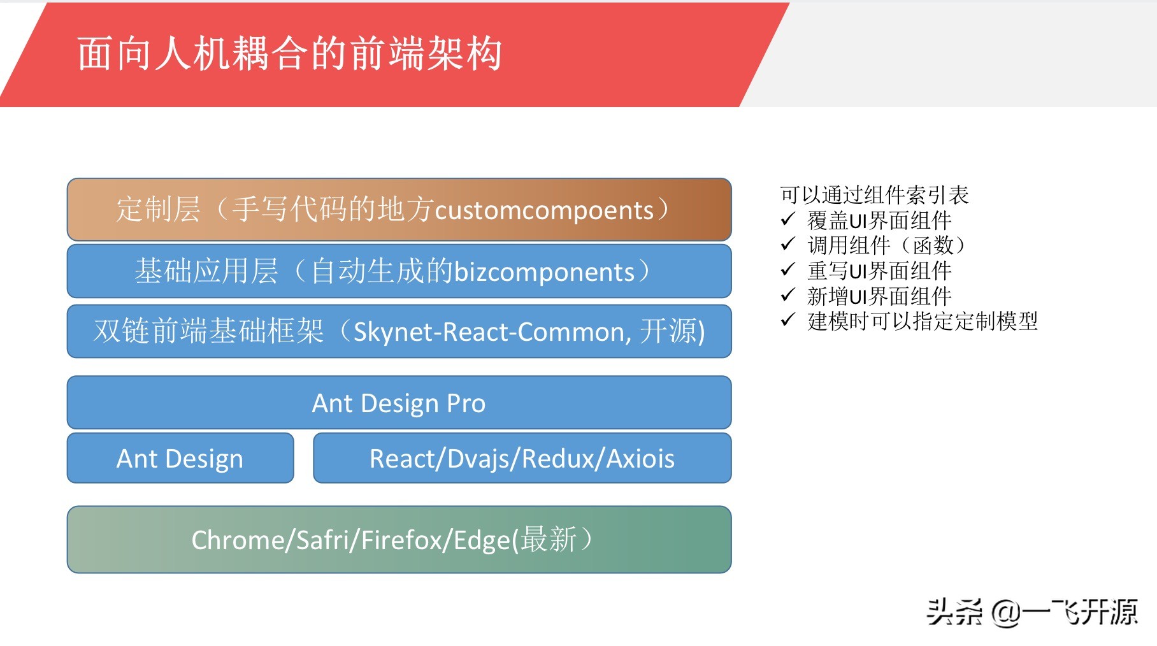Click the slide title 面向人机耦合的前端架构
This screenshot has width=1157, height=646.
(290, 54)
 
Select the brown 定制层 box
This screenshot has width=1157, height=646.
(399, 210)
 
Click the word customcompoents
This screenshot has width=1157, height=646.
(544, 210)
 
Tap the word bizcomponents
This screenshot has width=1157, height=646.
(544, 272)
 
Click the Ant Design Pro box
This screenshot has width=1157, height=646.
(399, 403)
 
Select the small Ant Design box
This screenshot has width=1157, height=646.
(180, 459)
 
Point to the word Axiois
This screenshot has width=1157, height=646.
(640, 459)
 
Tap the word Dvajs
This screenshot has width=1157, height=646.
(475, 459)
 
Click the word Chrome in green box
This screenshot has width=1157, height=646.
(238, 540)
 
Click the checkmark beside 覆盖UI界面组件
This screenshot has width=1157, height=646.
(787, 220)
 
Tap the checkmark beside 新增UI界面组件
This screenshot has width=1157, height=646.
(787, 295)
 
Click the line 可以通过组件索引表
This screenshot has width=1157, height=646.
(874, 194)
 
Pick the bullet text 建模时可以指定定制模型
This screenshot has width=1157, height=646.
(922, 320)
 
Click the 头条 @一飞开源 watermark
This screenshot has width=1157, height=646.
(1031, 612)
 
